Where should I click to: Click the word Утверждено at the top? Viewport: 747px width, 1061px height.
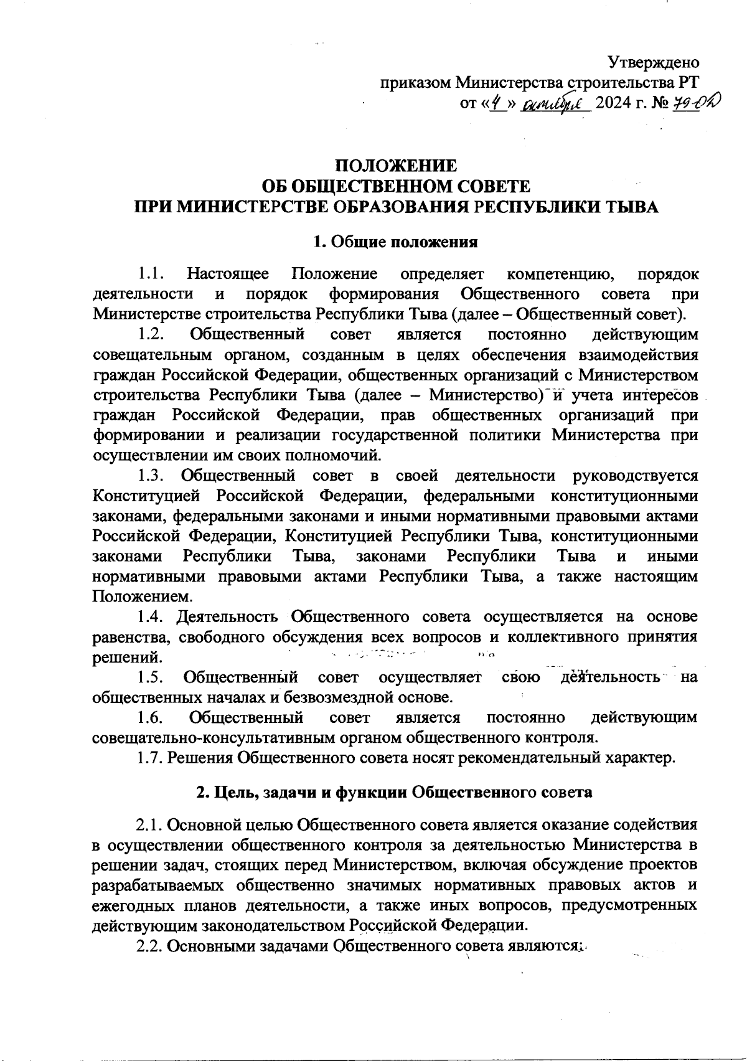pos(653,63)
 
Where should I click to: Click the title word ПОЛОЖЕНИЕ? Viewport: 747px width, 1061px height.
pos(396,166)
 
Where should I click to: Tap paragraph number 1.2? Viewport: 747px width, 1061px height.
pos(151,335)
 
